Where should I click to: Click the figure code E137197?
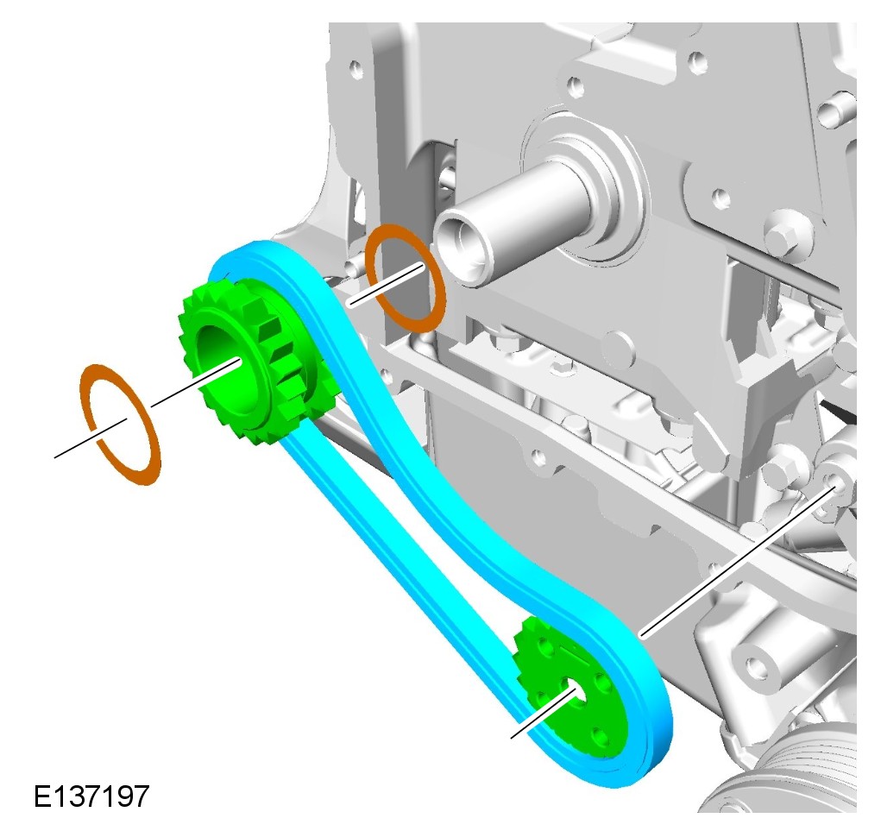(91, 796)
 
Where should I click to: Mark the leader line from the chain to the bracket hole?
(738, 563)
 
